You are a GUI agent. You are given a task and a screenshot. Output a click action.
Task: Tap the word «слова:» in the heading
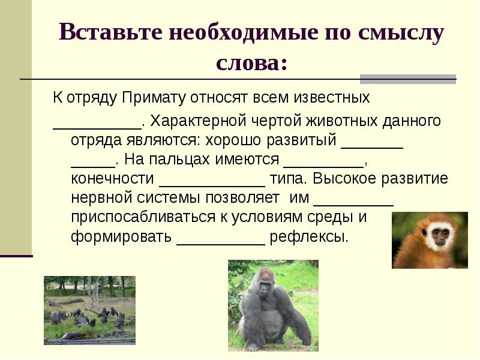(x=251, y=62)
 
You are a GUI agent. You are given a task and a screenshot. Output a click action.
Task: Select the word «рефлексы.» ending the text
(x=308, y=236)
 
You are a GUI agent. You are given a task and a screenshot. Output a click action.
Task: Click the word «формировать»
(x=121, y=236)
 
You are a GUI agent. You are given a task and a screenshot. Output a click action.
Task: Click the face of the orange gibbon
(x=442, y=234)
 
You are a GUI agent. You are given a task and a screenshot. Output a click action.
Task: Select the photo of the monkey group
(x=89, y=310)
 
